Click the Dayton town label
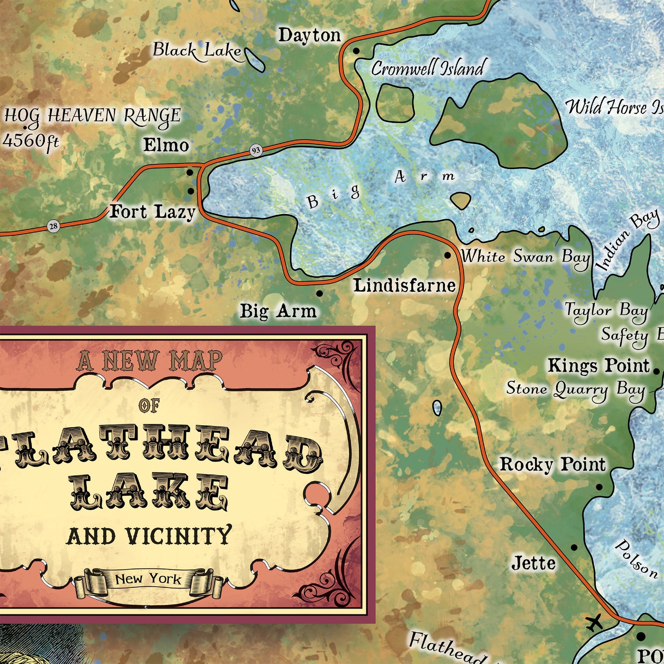(309, 35)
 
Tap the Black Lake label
(197, 51)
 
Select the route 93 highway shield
(256, 151)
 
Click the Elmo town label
(166, 145)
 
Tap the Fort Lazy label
(152, 212)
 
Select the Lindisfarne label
(404, 286)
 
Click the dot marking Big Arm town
(319, 294)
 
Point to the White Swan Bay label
(526, 256)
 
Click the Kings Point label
(598, 365)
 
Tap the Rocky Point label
(552, 464)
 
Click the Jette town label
(534, 563)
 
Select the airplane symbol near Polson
(594, 623)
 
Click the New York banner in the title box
(148, 579)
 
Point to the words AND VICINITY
(149, 536)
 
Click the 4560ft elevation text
(31, 141)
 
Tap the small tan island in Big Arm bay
(460, 201)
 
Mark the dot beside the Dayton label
(356, 51)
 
